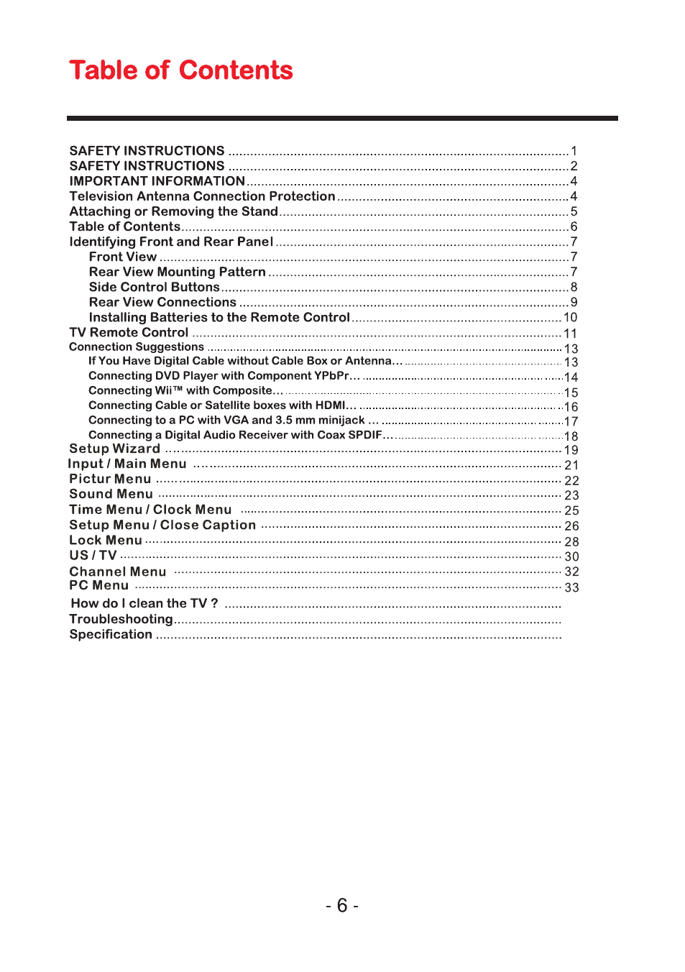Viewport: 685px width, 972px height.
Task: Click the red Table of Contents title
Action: tap(181, 70)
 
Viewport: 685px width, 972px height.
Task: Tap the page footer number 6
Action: tap(342, 905)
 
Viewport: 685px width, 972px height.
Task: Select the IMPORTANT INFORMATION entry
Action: tap(157, 181)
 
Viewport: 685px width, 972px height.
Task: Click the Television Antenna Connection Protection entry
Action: tap(202, 196)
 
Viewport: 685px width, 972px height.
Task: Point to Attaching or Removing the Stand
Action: tap(173, 211)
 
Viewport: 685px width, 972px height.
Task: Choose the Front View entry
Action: tap(123, 257)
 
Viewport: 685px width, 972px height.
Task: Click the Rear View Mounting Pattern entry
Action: tap(178, 272)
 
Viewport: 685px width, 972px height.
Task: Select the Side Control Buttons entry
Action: tap(155, 287)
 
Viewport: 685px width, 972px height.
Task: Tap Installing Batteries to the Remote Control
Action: tap(219, 317)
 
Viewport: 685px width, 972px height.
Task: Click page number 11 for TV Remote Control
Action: tap(571, 334)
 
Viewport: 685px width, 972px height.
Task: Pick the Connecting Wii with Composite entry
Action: tap(185, 390)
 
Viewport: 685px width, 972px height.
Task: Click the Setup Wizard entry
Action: tap(114, 449)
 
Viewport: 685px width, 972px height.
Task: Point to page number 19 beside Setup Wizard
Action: tap(571, 450)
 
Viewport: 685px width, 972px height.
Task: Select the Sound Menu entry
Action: tap(111, 494)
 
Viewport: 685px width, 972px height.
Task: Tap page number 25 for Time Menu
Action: tap(571, 510)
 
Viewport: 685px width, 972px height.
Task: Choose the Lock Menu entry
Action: tap(106, 540)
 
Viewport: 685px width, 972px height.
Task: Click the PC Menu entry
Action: tap(99, 586)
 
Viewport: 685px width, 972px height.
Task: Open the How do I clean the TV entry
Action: tap(144, 603)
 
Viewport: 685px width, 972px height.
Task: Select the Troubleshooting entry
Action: tap(121, 619)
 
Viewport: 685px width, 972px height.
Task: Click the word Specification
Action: tap(111, 634)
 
